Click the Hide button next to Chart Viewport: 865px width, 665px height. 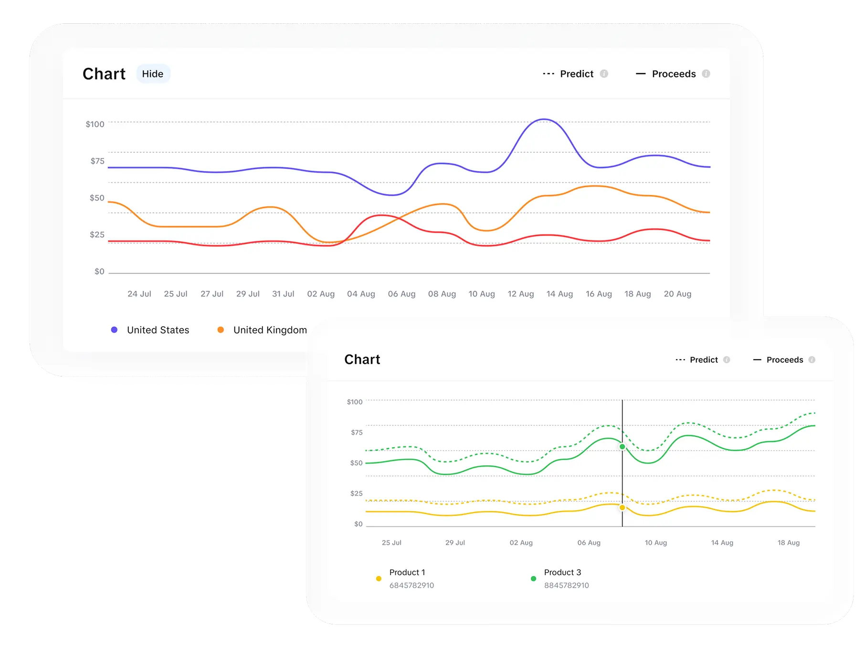coord(153,74)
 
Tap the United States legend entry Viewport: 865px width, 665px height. coord(158,330)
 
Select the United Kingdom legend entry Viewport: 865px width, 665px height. coord(270,330)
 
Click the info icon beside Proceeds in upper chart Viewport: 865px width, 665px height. coord(706,74)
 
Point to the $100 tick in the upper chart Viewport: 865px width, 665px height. coord(95,124)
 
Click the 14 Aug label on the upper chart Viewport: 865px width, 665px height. coord(559,294)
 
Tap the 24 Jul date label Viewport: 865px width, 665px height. coord(139,294)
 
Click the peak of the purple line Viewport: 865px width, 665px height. coord(544,119)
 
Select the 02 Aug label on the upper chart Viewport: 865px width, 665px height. coord(321,294)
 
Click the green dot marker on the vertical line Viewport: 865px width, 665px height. coord(622,447)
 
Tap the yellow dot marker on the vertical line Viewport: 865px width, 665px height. coord(622,507)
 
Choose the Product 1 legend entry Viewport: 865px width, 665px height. coord(407,572)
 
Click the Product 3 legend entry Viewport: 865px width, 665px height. coord(562,572)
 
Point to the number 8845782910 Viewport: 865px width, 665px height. coord(566,585)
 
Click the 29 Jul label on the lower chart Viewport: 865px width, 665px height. coord(455,543)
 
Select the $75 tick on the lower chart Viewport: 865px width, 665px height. coord(357,432)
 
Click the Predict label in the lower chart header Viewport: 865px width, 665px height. coord(704,360)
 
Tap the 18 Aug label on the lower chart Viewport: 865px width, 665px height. coord(788,543)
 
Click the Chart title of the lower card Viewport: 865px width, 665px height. coord(362,359)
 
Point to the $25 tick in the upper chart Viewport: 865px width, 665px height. coord(97,235)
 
